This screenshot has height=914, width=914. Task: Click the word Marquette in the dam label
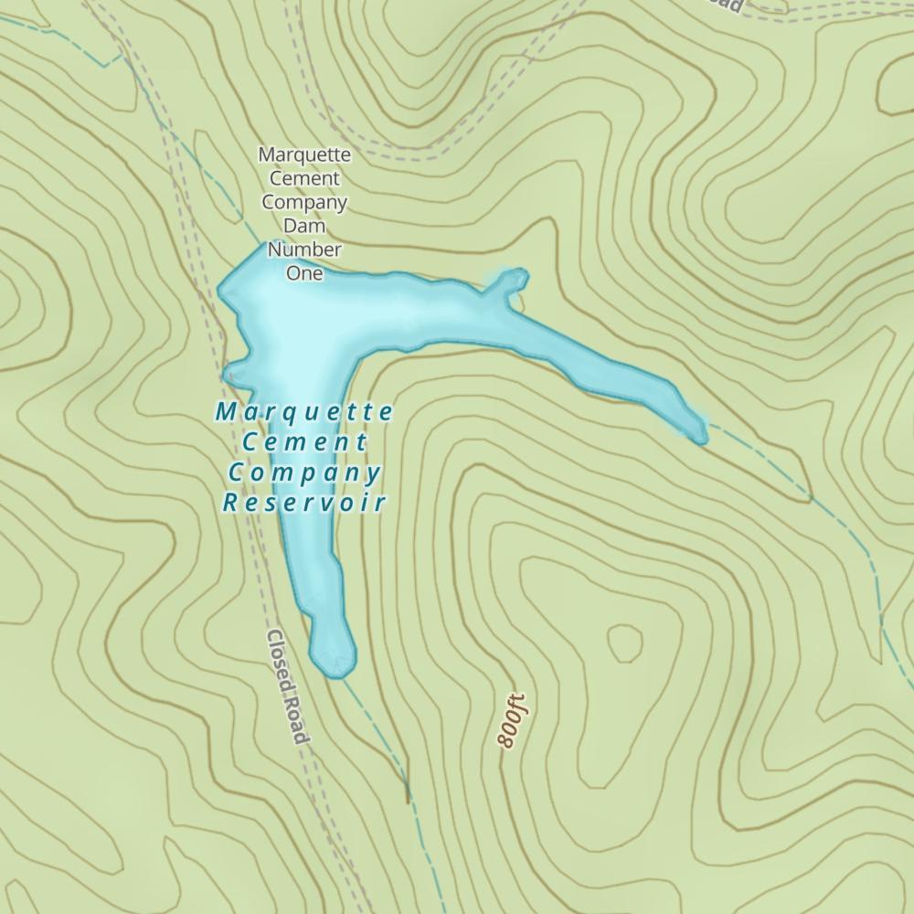pos(304,154)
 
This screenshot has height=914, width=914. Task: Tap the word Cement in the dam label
pos(304,178)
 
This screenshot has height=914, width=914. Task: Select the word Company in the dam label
pos(304,202)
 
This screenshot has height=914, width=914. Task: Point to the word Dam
pos(304,226)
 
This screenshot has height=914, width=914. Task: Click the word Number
pos(304,249)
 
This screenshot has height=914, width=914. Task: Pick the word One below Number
pos(304,272)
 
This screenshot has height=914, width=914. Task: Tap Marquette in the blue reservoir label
pos(304,412)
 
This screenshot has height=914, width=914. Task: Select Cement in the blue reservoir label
pos(304,442)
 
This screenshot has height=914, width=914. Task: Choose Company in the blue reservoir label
pos(304,473)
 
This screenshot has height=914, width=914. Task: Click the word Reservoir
pos(304,502)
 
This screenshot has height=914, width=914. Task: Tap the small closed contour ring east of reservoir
pos(625,643)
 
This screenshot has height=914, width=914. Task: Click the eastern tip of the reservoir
pos(700,437)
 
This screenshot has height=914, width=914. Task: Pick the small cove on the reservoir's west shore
pos(230,373)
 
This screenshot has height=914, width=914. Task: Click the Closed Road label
pos(288,686)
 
